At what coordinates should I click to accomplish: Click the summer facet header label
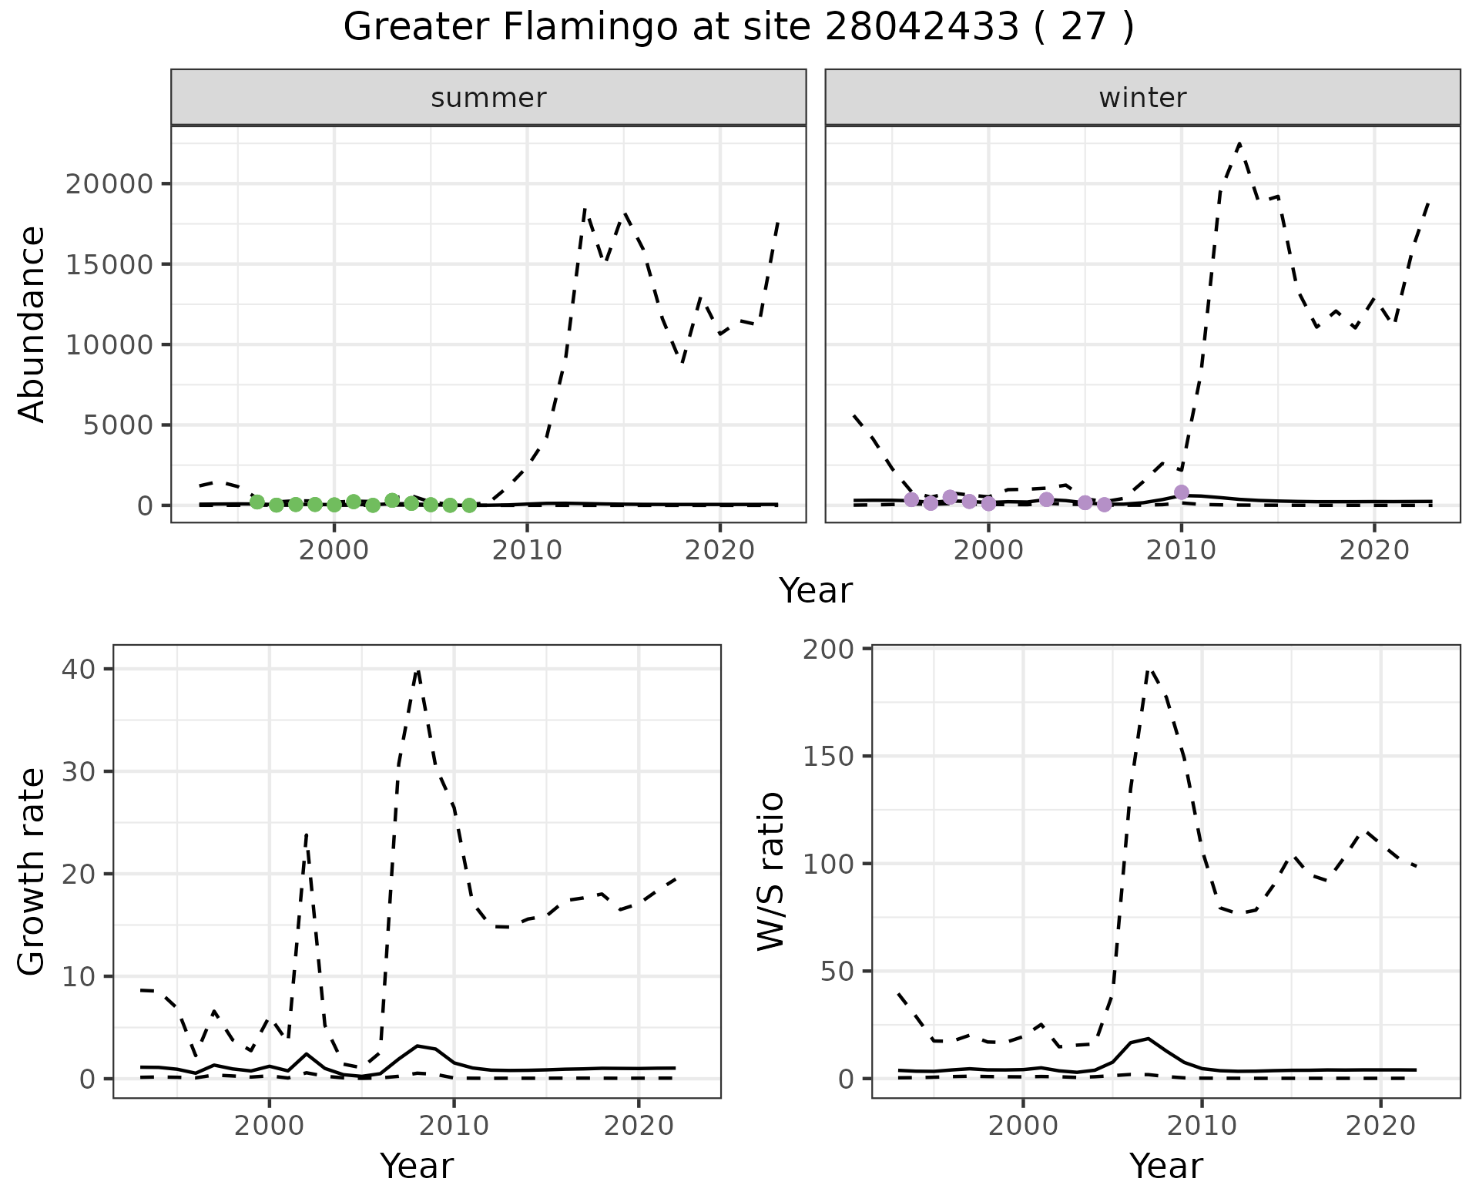tap(488, 98)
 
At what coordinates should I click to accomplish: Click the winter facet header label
tap(1142, 98)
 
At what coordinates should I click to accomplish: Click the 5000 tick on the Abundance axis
tap(116, 425)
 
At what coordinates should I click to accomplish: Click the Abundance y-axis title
tap(32, 324)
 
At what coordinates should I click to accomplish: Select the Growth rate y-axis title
tap(32, 871)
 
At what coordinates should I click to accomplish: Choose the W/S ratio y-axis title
tap(771, 871)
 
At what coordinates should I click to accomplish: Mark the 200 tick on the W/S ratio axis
tap(829, 649)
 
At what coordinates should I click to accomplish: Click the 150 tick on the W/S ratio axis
tap(829, 756)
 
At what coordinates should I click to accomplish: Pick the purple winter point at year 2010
tap(1181, 492)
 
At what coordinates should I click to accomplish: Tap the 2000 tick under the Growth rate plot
tap(269, 1126)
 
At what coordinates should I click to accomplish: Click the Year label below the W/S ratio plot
tap(1165, 1166)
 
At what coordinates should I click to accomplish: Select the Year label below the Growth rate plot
tap(417, 1166)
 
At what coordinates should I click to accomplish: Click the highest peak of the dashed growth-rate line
tap(418, 670)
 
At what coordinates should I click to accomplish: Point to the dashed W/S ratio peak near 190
tap(1149, 670)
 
